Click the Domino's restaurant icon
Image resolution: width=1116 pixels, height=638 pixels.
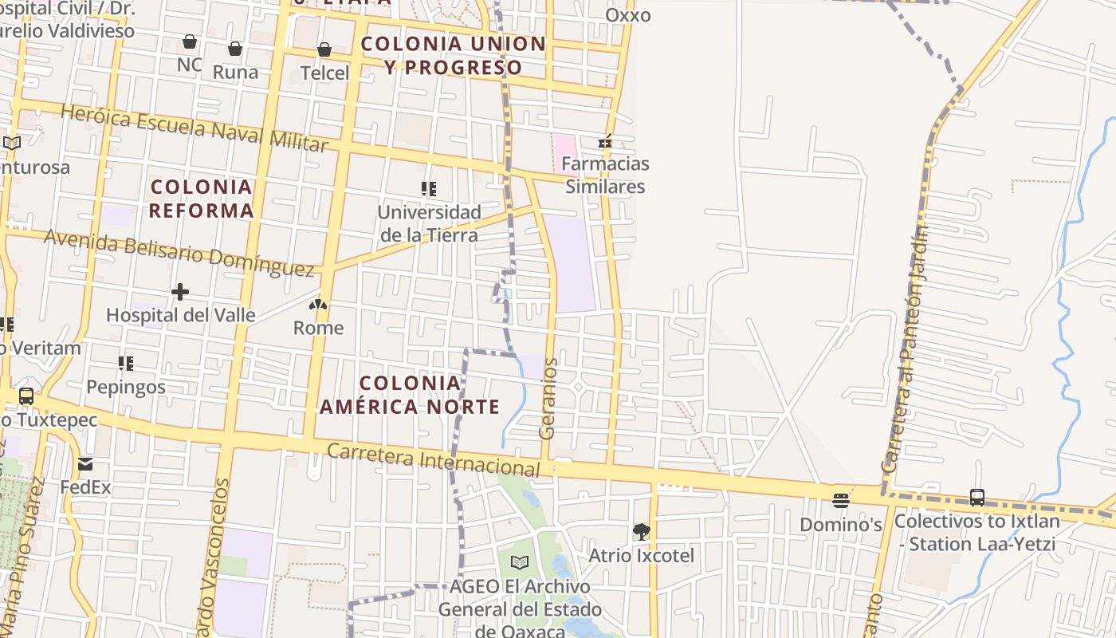coord(840,501)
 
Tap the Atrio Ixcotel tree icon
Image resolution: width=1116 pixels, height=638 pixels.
coord(641,531)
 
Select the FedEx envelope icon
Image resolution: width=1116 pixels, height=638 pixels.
coord(85,464)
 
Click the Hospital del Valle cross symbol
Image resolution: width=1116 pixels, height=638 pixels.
coord(180,292)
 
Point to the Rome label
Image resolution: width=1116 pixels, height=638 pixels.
coord(318,328)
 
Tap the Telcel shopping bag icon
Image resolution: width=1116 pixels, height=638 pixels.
coord(324,50)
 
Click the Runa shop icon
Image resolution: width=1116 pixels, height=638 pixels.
coord(235,49)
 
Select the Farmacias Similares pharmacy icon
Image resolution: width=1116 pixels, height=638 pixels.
coord(605,142)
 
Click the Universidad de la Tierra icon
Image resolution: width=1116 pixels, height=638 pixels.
coord(429,189)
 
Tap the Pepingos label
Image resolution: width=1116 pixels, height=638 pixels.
coord(126,388)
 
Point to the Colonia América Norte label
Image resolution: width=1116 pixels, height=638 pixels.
coord(410,395)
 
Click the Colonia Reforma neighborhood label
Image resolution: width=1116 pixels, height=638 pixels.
coord(201,199)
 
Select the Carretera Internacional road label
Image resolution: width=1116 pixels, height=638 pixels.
coord(434,460)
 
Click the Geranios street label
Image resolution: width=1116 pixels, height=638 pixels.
coord(547,399)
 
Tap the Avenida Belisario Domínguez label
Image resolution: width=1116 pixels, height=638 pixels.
coord(179,254)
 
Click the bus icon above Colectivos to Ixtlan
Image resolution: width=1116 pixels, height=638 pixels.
coord(977,498)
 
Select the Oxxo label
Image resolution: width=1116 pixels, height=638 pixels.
coord(628,15)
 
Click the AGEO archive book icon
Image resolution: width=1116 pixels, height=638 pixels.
coord(520,562)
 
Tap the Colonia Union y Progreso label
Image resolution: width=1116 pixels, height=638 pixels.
coord(454,55)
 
